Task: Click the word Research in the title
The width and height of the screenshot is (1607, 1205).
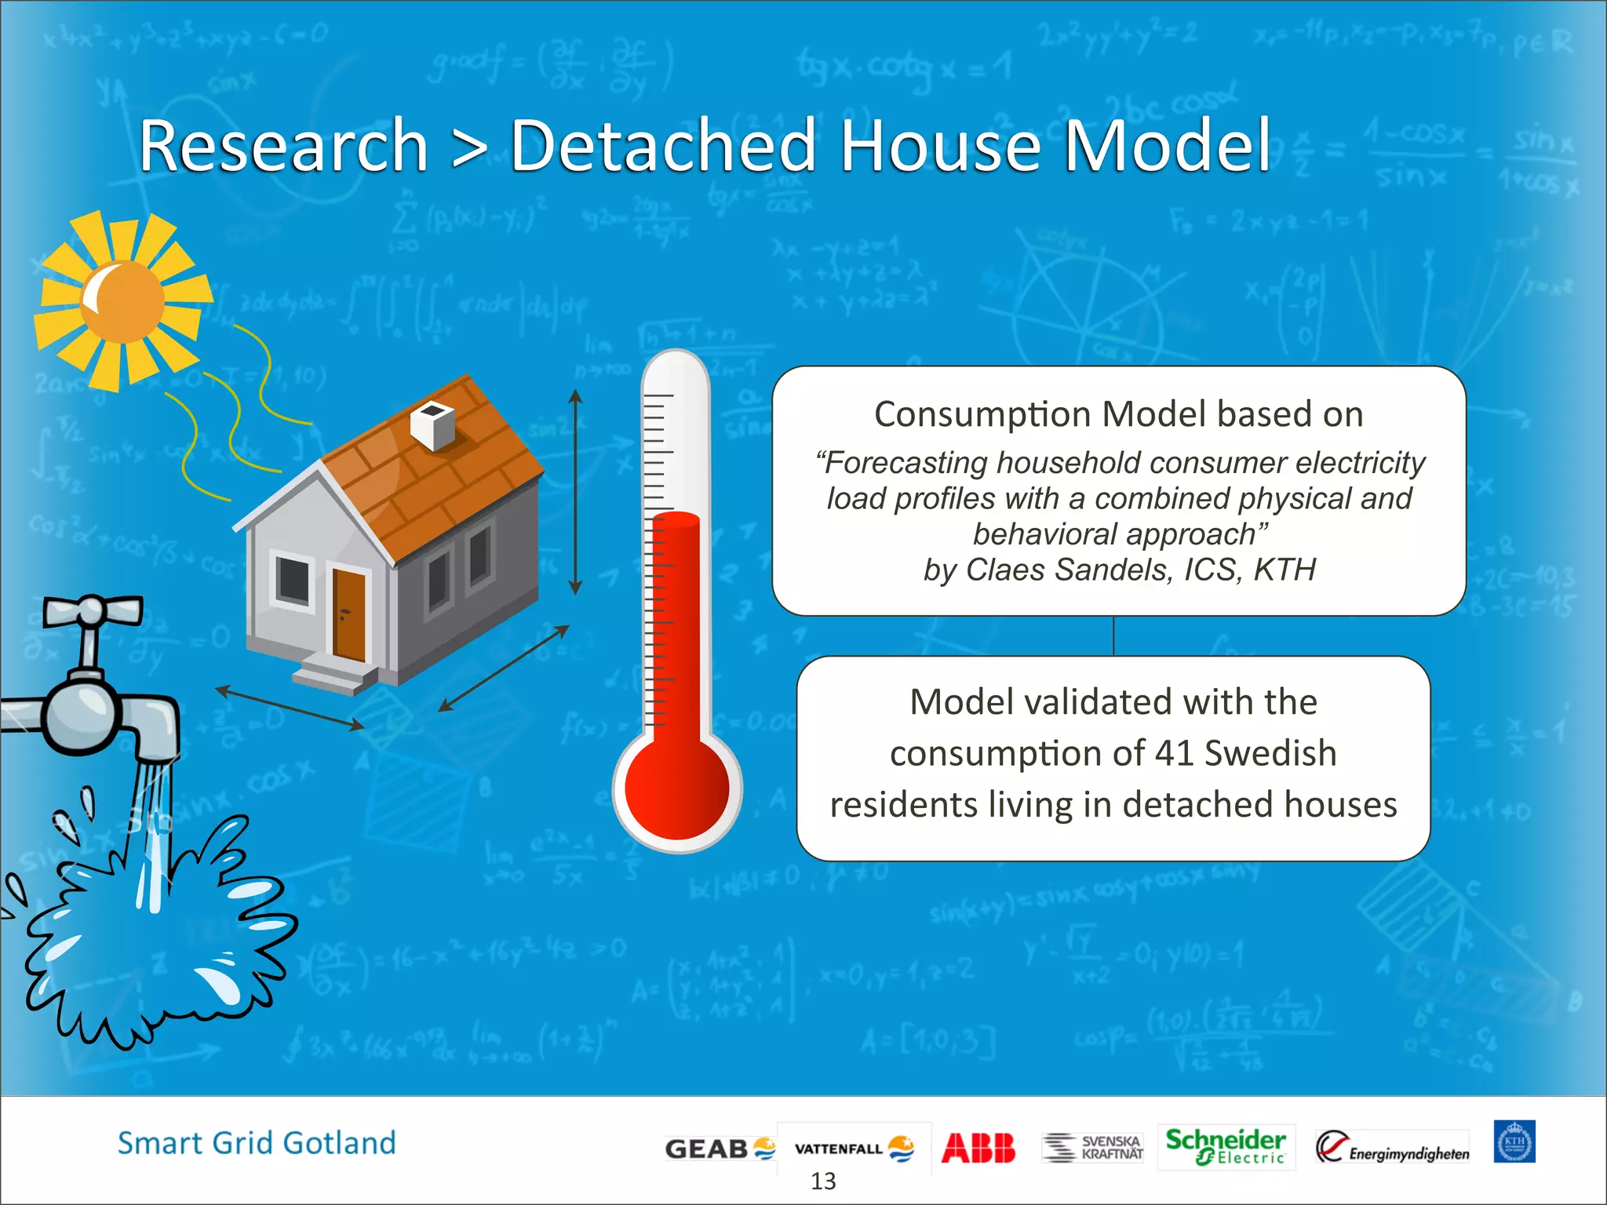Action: pyautogui.click(x=283, y=146)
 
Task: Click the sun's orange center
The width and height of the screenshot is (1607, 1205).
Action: pyautogui.click(x=124, y=301)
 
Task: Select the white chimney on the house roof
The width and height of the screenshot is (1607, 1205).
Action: pyautogui.click(x=432, y=424)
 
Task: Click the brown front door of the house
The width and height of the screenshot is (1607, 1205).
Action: pyautogui.click(x=349, y=614)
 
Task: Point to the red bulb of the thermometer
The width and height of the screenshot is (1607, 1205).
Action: pyautogui.click(x=677, y=788)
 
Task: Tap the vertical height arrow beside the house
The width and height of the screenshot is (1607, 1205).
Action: pyautogui.click(x=575, y=492)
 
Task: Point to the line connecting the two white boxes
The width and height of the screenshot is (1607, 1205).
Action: pyautogui.click(x=1113, y=635)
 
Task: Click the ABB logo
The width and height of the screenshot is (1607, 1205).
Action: pyautogui.click(x=978, y=1148)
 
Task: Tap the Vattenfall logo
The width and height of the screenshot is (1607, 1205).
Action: pyautogui.click(x=854, y=1149)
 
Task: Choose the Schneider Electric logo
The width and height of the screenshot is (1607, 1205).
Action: pyautogui.click(x=1225, y=1146)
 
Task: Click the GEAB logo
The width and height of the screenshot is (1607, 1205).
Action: pyautogui.click(x=719, y=1149)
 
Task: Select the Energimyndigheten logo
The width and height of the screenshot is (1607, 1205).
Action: pyautogui.click(x=1392, y=1148)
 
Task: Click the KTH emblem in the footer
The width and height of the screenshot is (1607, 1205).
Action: pyautogui.click(x=1514, y=1142)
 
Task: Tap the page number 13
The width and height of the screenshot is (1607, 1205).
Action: pyautogui.click(x=823, y=1181)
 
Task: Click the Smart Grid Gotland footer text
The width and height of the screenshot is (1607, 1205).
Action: pyautogui.click(x=257, y=1143)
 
